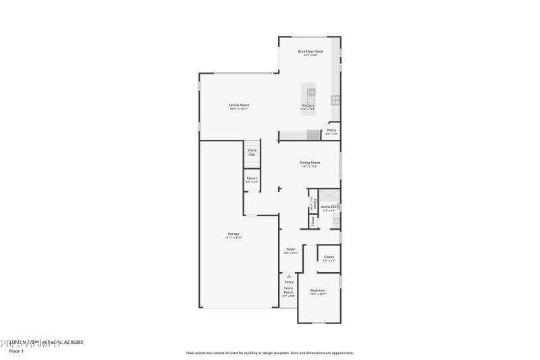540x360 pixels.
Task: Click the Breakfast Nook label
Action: pyautogui.click(x=310, y=51)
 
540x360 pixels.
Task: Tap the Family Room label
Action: pyautogui.click(x=239, y=105)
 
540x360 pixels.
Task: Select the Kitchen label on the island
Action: pyautogui.click(x=308, y=106)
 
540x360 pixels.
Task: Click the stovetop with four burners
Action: pyautogui.click(x=335, y=100)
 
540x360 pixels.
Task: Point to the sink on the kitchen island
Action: pyautogui.click(x=311, y=92)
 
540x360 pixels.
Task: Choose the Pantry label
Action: pyautogui.click(x=331, y=130)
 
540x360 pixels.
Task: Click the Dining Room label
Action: pyautogui.click(x=310, y=163)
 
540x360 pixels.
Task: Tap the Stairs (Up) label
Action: pyautogui.click(x=252, y=152)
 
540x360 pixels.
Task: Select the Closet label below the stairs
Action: pyautogui.click(x=251, y=178)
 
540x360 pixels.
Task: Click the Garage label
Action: pyautogui.click(x=233, y=234)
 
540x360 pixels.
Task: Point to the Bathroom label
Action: pyautogui.click(x=329, y=207)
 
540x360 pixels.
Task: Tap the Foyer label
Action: pyautogui.click(x=291, y=249)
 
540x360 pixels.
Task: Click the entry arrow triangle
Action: pyautogui.click(x=289, y=276)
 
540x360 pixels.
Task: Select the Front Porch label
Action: pyautogui.click(x=288, y=290)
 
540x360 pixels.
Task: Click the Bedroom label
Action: pyautogui.click(x=318, y=290)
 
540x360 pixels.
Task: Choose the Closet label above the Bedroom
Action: pyautogui.click(x=329, y=257)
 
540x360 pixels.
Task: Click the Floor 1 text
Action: pyautogui.click(x=16, y=351)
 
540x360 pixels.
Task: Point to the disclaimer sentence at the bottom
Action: pyautogui.click(x=269, y=353)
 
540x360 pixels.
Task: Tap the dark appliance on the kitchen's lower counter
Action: pyautogui.click(x=313, y=135)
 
